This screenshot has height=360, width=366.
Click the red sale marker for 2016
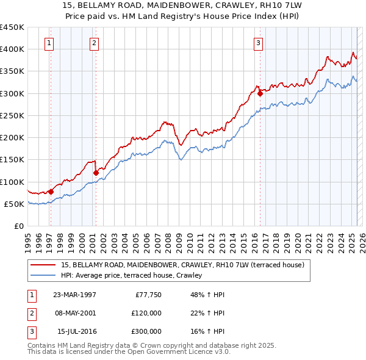click(x=260, y=93)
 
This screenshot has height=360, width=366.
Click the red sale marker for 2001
click(x=96, y=173)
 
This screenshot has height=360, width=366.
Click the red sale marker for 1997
click(x=51, y=192)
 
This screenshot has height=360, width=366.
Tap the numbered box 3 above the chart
click(x=259, y=43)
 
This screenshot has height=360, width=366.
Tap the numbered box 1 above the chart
click(x=49, y=43)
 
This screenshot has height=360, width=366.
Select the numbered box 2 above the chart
click(x=94, y=43)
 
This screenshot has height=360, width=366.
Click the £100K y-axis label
click(x=12, y=182)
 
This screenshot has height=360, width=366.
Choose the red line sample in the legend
click(x=43, y=265)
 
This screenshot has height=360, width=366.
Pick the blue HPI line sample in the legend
click(x=43, y=275)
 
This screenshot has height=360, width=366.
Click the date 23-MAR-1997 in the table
click(x=74, y=295)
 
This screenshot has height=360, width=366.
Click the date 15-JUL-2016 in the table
click(x=77, y=331)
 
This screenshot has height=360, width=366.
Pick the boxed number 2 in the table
click(x=31, y=313)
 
